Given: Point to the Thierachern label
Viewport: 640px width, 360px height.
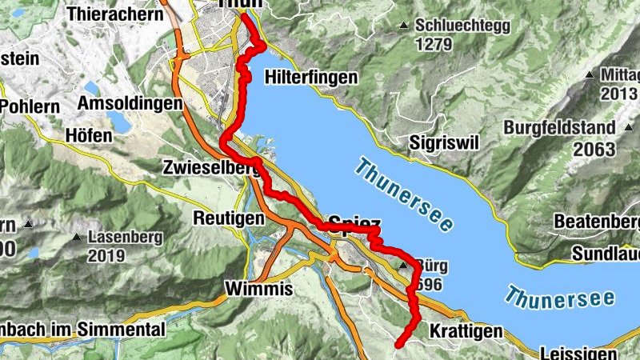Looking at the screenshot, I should pos(114,14).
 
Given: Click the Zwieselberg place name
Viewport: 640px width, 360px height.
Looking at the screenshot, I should pos(210,169).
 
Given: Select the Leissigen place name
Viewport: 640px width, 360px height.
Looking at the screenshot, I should pos(578,353).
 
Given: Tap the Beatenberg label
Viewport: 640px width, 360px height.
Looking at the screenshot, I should pos(598,221).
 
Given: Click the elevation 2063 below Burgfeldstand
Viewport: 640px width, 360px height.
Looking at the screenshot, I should pos(594,150).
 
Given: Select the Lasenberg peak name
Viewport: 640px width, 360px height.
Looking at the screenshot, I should pos(125,238).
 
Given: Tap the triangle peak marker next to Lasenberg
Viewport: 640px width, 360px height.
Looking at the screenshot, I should pos(77,238).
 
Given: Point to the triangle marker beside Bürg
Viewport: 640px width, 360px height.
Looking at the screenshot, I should pos(403,266).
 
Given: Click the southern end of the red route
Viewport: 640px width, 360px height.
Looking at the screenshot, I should pos(398,345).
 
